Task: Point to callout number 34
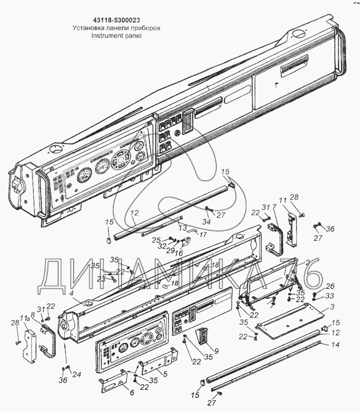click(207, 222)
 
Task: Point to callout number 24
click(76, 374)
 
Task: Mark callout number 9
click(216, 351)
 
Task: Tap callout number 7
click(275, 207)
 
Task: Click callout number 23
click(102, 278)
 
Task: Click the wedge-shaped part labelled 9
click(201, 338)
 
